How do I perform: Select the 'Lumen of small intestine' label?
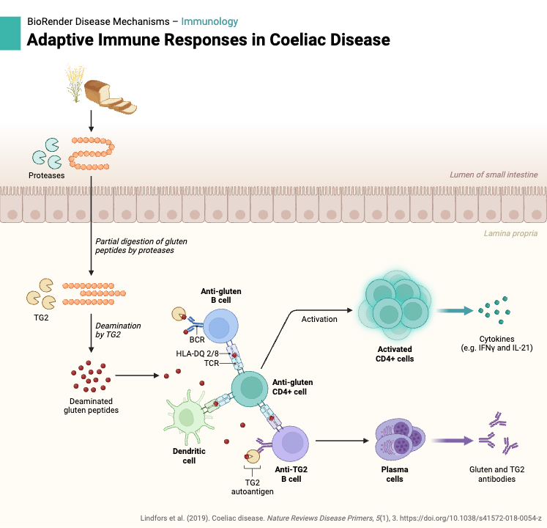[x=494, y=175]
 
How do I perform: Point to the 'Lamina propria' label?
[x=510, y=234]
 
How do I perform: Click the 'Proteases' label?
[x=47, y=175]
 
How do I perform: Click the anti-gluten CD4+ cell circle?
[x=251, y=386]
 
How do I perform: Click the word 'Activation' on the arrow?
[x=319, y=319]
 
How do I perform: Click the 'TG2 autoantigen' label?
[x=252, y=487]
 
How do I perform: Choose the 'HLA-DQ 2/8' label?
[x=198, y=353]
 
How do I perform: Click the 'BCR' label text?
[x=197, y=341]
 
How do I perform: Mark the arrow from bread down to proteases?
[x=90, y=120]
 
